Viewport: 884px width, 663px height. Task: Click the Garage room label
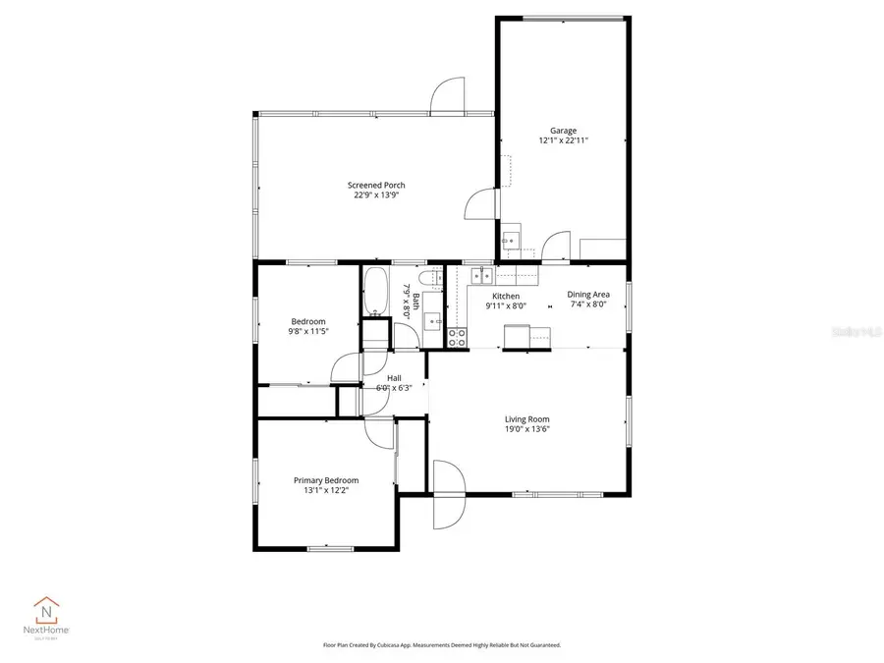pos(563,131)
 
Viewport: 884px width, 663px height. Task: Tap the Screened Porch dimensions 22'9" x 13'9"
pos(376,195)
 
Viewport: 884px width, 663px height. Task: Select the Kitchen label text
pos(506,296)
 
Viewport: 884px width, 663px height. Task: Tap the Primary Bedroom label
pos(326,480)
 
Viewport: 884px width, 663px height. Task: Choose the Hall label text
pos(394,378)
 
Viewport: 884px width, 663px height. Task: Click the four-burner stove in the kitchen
pos(457,337)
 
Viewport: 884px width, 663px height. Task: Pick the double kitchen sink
pos(481,276)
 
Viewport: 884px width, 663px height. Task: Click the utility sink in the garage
pos(511,242)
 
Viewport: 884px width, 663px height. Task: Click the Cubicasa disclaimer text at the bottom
pos(442,645)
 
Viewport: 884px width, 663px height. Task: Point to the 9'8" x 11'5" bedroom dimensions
pos(308,331)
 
